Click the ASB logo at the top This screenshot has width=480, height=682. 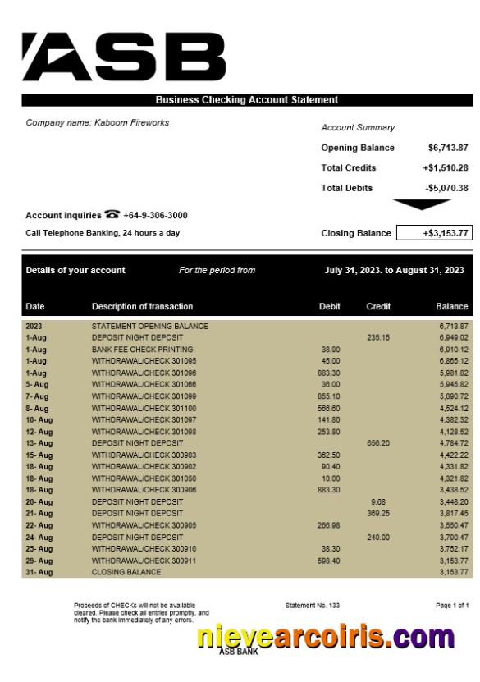(123, 57)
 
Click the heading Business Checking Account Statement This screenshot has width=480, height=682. (246, 100)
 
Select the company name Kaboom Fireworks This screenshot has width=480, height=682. (98, 123)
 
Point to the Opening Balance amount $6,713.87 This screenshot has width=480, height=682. (448, 148)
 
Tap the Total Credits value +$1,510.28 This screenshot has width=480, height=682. (446, 167)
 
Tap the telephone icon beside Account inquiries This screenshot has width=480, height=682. (112, 215)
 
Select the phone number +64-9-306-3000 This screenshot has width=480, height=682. (155, 216)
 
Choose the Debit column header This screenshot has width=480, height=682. (329, 307)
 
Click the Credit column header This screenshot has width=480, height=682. (378, 307)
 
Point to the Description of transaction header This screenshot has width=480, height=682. (142, 307)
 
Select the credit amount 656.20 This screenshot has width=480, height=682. (378, 443)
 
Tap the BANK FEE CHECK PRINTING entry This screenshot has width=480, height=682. (142, 350)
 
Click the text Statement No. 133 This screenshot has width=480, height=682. (312, 606)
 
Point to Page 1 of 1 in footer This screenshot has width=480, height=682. (452, 606)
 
